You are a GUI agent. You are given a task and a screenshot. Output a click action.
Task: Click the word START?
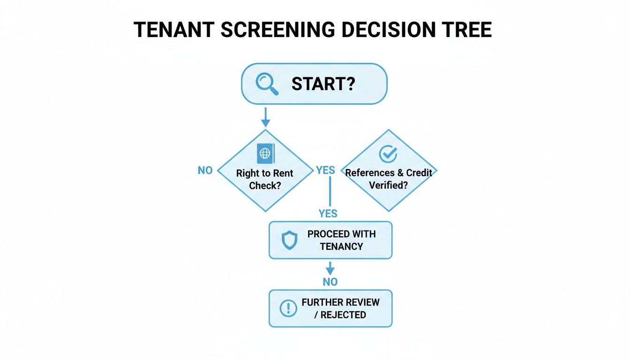[323, 84]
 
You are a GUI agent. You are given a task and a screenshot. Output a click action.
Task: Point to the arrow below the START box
[266, 117]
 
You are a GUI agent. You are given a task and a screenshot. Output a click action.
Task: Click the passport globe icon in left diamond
[266, 153]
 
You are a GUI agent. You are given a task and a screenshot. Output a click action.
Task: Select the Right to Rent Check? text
[265, 179]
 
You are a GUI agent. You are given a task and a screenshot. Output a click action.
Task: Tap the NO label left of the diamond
[205, 171]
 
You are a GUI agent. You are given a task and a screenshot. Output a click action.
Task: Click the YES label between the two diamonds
[326, 170]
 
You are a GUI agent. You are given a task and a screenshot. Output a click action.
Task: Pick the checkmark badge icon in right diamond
[388, 153]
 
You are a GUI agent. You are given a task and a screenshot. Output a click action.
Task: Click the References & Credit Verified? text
[389, 179]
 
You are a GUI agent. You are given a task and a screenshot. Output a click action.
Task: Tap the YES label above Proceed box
[328, 214]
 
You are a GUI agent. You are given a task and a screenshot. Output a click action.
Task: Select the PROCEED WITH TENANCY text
[341, 240]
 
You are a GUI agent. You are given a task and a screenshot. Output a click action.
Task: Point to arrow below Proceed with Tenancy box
[330, 268]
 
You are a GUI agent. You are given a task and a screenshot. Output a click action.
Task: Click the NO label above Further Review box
[330, 282]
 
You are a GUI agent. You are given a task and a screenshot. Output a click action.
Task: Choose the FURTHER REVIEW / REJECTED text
[340, 308]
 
